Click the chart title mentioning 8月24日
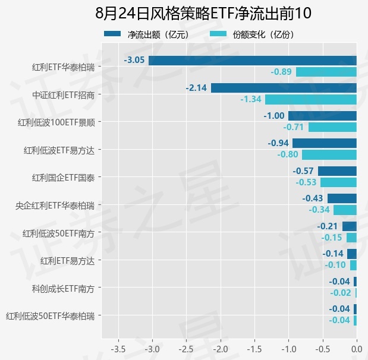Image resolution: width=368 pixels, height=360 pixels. [203, 13]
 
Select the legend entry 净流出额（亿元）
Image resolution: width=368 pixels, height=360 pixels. [147, 34]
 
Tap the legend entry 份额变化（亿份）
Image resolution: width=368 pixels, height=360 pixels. [253, 34]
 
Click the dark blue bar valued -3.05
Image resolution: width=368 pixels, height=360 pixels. [253, 61]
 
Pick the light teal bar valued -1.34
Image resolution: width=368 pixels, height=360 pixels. [311, 99]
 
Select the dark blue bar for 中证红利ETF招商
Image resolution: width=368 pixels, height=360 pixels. [284, 88]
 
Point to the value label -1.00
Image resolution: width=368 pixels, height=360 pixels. [274, 116]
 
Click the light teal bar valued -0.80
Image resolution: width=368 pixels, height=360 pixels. [329, 155]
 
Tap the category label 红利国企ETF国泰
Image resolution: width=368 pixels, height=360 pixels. [64, 178]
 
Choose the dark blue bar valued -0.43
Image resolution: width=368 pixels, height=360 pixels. [342, 198]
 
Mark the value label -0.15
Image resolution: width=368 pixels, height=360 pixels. [331, 238]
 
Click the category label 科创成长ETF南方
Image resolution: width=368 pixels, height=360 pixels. [64, 289]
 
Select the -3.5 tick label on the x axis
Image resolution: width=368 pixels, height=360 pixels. [118, 349]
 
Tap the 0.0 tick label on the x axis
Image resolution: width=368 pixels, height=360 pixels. [357, 349]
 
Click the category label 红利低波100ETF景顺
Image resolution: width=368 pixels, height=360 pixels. [56, 122]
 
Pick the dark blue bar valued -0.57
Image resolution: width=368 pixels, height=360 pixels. [337, 171]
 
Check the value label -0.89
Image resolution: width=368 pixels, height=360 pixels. [281, 71]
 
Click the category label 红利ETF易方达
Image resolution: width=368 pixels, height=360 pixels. [67, 261]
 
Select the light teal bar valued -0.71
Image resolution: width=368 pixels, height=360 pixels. [332, 127]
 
